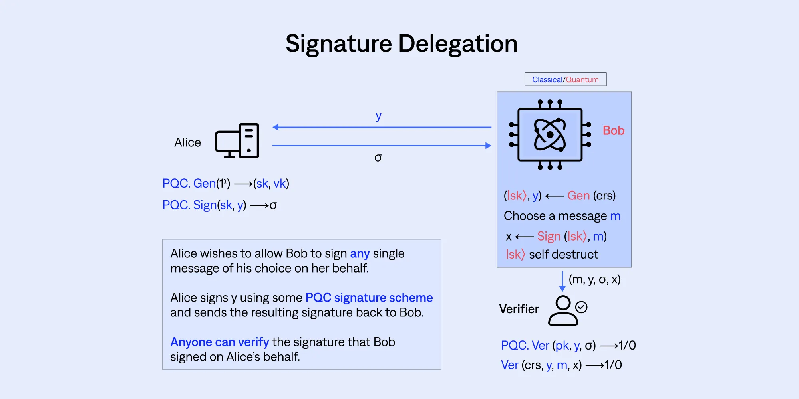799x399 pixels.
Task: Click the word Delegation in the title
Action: pos(458,44)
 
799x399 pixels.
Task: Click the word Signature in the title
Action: pos(339,43)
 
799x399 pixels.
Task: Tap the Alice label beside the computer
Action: pos(187,142)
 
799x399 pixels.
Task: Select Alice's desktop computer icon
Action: pos(237,141)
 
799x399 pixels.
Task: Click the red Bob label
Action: pos(614,130)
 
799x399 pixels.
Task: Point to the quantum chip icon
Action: pos(550,134)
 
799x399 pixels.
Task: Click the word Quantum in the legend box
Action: pos(582,79)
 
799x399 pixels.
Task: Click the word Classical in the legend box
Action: pos(547,79)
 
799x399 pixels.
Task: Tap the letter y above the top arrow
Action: pos(378,117)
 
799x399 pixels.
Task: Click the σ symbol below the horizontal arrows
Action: pos(378,158)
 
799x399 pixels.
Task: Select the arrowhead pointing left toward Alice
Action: pos(276,127)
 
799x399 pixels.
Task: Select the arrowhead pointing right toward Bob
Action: pos(488,146)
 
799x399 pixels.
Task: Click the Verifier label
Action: pos(519,309)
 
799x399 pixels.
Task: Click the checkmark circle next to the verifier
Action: pos(581,307)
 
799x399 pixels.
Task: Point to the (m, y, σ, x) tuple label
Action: pos(594,279)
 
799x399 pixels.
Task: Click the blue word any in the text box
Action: pos(360,254)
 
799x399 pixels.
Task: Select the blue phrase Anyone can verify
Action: pos(220,342)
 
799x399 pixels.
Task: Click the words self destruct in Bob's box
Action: pos(564,254)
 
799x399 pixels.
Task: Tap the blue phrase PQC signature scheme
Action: pos(369,298)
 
